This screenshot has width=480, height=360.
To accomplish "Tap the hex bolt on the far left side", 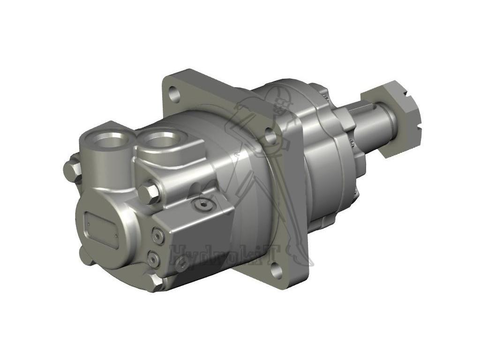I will [72, 170].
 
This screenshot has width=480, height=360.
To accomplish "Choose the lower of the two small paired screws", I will [153, 258].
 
